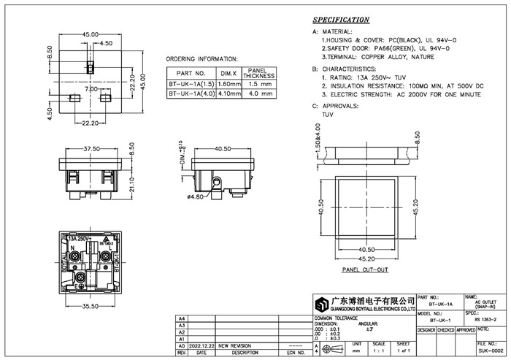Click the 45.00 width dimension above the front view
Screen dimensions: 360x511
click(91, 34)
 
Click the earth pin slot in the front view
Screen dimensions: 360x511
click(91, 67)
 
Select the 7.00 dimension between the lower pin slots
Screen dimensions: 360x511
click(91, 88)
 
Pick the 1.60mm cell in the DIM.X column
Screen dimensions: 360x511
click(230, 85)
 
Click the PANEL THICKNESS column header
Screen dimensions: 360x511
click(258, 73)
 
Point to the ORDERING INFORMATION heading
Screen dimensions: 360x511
click(201, 58)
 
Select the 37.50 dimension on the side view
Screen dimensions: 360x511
click(91, 148)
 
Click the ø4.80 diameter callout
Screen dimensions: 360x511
click(195, 196)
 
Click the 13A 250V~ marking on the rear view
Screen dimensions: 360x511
click(80, 239)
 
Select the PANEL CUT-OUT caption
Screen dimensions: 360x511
click(365, 269)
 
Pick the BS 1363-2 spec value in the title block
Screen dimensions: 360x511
click(456, 319)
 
